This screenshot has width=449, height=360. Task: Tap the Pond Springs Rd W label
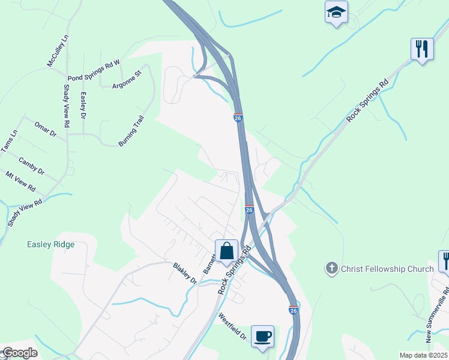94,71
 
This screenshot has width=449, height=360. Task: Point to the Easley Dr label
83,105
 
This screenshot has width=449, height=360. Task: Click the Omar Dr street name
45,128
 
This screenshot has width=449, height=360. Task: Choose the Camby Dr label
31,166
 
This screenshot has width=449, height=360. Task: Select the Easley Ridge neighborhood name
50,244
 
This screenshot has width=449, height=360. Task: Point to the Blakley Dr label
185,273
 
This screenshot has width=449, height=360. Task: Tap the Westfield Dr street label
232,326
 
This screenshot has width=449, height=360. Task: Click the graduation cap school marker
336,12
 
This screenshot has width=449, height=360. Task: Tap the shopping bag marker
227,251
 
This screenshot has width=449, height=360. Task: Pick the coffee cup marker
262,336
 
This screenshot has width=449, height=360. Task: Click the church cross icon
331,268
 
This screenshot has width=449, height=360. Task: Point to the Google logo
19,353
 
